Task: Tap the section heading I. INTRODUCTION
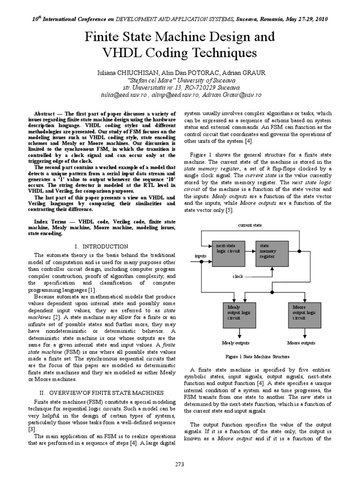click(x=101, y=246)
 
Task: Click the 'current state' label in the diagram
click(x=250, y=225)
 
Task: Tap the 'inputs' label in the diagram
click(x=201, y=255)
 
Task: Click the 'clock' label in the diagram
click(x=238, y=277)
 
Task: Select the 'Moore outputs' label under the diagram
click(x=301, y=343)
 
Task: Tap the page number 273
click(x=180, y=464)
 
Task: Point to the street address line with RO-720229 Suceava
click(x=180, y=87)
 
